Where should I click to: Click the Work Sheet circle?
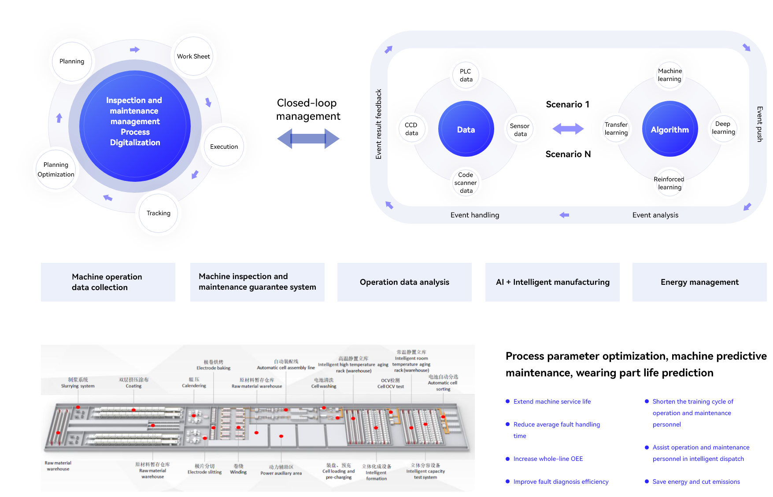click(x=193, y=56)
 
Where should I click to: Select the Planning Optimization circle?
click(x=56, y=169)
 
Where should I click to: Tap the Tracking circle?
click(x=159, y=214)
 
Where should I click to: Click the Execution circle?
click(x=224, y=147)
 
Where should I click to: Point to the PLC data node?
click(x=466, y=75)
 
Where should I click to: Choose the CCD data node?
click(x=412, y=129)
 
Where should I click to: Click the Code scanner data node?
click(x=466, y=183)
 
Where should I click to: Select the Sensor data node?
click(x=520, y=129)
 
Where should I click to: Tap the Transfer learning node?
click(x=616, y=129)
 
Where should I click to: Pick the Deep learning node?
click(x=723, y=128)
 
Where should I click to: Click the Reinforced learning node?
click(x=669, y=183)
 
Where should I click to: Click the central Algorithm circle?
click(x=670, y=129)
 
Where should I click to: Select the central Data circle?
click(x=466, y=129)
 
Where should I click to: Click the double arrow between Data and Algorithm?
click(x=568, y=129)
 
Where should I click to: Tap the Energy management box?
click(x=699, y=282)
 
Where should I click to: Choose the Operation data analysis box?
click(x=404, y=282)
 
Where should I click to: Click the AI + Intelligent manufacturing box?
click(x=552, y=282)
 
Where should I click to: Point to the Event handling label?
click(x=475, y=215)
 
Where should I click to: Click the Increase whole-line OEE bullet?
click(x=548, y=459)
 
